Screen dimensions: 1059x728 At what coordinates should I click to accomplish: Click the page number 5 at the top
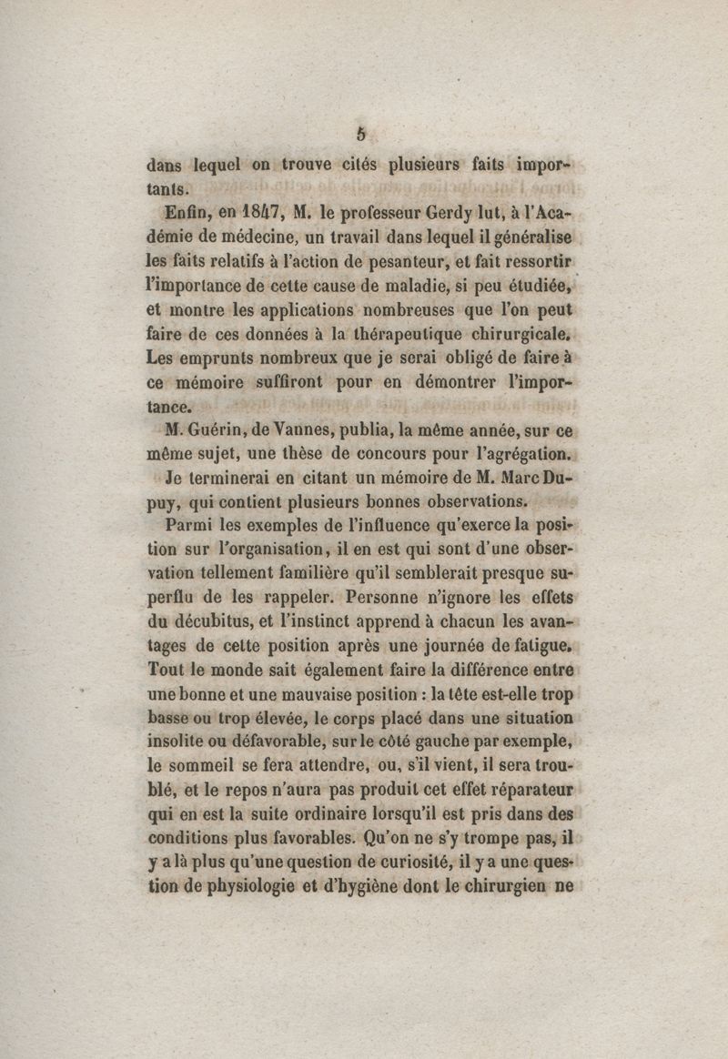[361, 133]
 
